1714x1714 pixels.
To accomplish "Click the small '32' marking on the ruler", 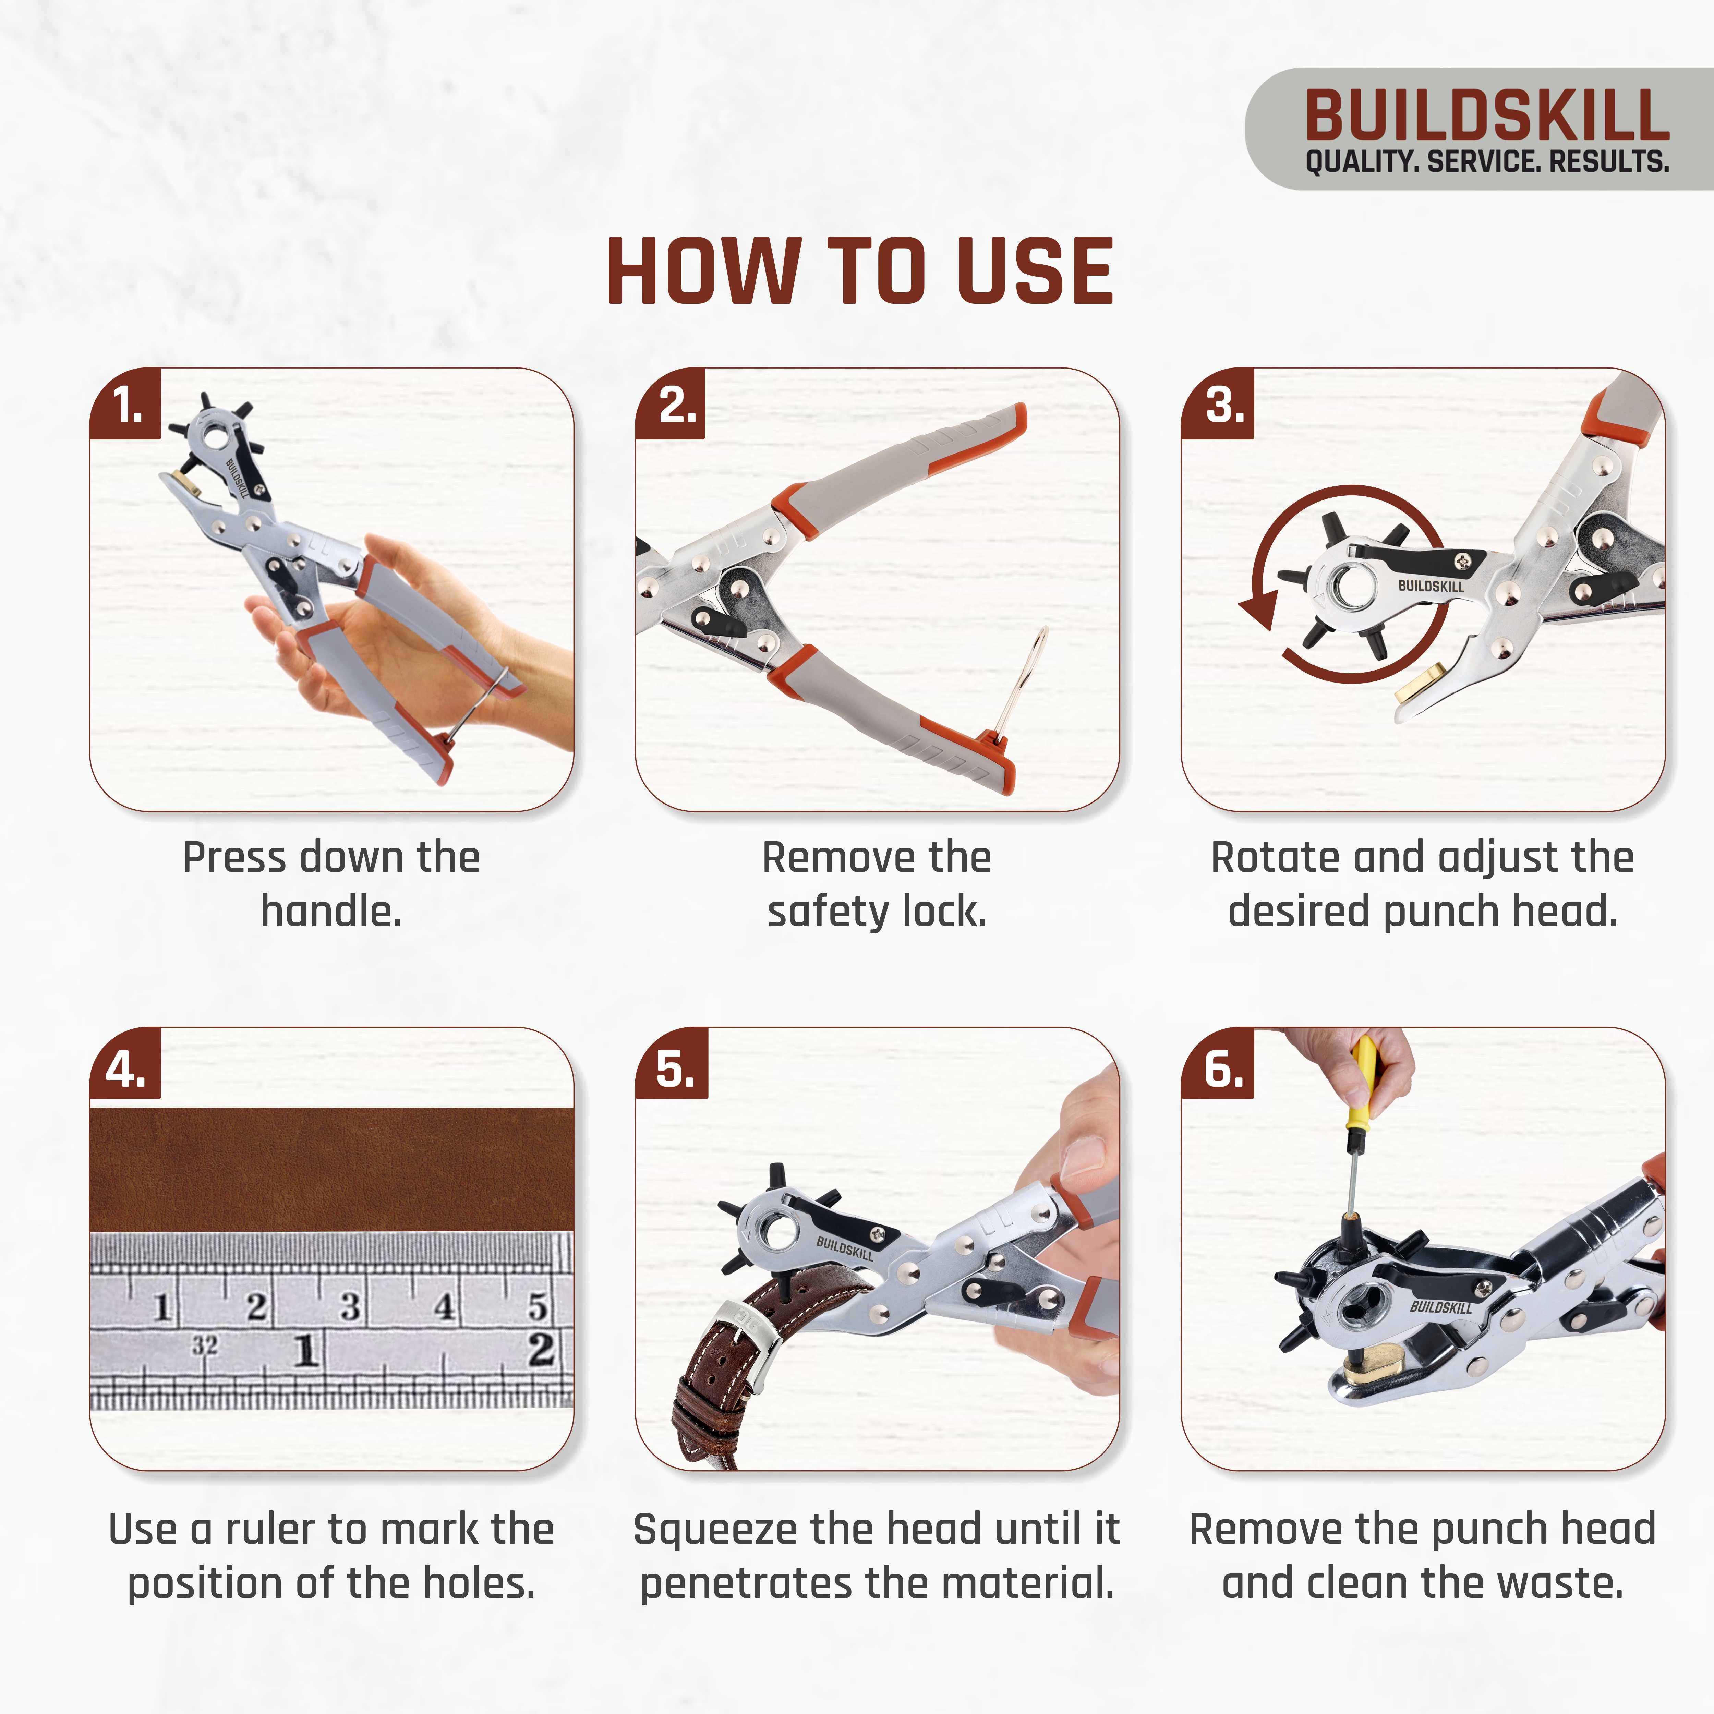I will pyautogui.click(x=205, y=1345).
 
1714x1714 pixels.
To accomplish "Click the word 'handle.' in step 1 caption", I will pyautogui.click(x=331, y=911).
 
